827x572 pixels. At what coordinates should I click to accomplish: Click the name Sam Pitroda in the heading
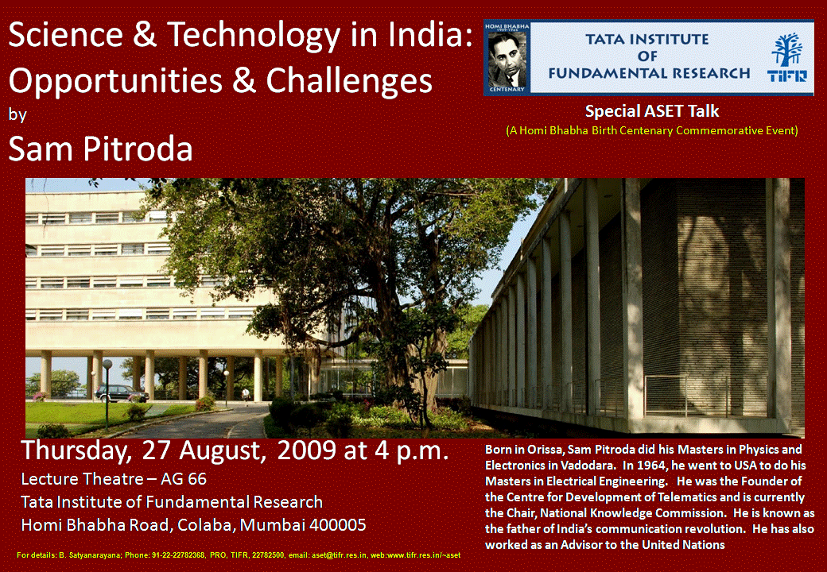pos(100,149)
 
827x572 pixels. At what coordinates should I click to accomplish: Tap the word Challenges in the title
pos(348,80)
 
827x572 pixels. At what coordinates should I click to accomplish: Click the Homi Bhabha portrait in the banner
pos(507,59)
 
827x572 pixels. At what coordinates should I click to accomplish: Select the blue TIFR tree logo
pos(786,57)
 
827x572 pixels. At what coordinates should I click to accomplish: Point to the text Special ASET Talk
pos(652,111)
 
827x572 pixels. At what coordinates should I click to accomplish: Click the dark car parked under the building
pos(122,393)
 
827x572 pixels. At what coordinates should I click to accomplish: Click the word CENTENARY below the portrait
pos(507,90)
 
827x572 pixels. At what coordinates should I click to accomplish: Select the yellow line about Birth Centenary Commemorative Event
pos(652,130)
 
